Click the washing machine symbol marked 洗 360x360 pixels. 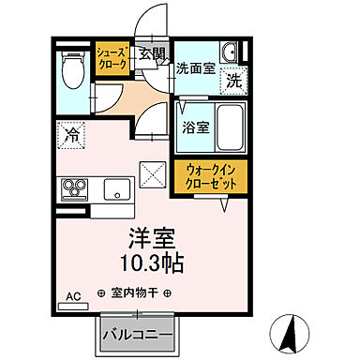click(x=234, y=82)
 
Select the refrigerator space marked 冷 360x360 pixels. click(x=71, y=136)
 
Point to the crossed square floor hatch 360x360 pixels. click(x=152, y=176)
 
